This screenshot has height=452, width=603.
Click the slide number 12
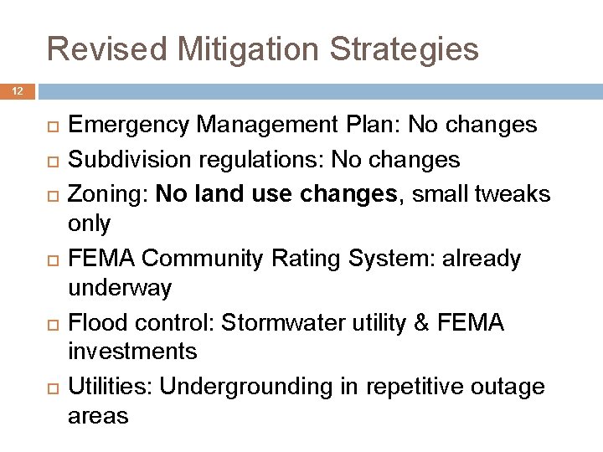pos(18,90)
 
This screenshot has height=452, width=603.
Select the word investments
pos(132,352)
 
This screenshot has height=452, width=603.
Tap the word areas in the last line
pos(98,417)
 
